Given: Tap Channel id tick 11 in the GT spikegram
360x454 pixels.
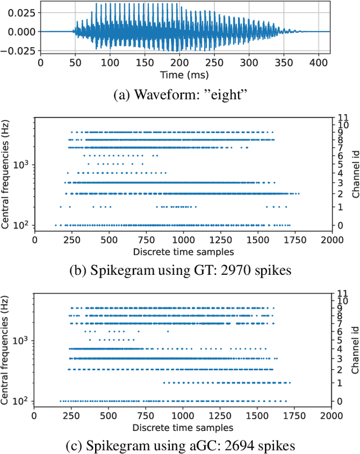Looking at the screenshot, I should click(x=341, y=118).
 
